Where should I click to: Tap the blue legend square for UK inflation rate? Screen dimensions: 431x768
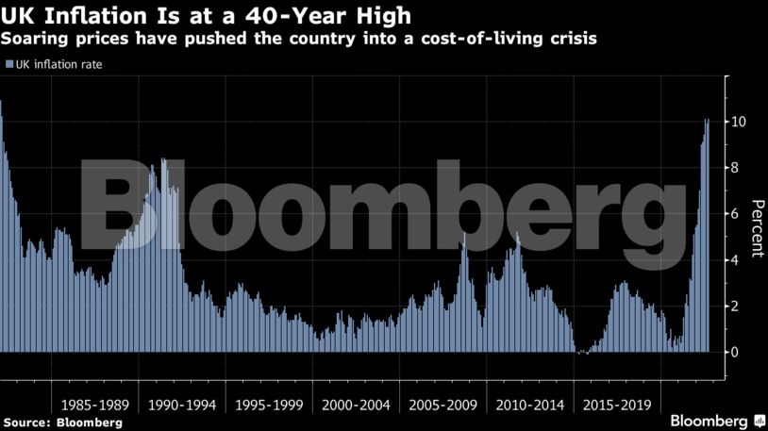pos(9,64)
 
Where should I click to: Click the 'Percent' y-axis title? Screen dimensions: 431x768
pos(757,228)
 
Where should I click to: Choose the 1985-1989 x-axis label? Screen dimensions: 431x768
pos(95,405)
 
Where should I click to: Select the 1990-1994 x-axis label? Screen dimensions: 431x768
pos(182,405)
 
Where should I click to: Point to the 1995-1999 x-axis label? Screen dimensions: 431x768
pos(270,405)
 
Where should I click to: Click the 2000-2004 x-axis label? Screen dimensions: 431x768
pos(357,405)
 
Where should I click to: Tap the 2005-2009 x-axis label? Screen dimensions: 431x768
pos(444,405)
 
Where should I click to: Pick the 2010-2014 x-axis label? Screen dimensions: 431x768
pos(531,405)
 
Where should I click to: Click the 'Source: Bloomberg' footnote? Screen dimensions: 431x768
pos(62,422)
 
